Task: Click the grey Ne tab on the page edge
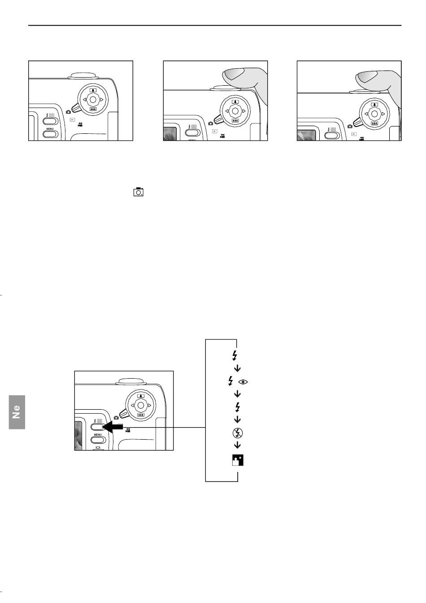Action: (x=17, y=412)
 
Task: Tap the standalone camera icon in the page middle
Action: (x=138, y=192)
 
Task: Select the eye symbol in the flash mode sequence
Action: (x=243, y=382)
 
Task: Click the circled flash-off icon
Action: (x=237, y=433)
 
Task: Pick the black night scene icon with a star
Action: (x=238, y=460)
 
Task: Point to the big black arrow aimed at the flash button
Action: (x=113, y=427)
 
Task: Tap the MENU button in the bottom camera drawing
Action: (x=98, y=440)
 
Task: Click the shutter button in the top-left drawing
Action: (x=83, y=76)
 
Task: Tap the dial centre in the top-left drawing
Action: (x=93, y=100)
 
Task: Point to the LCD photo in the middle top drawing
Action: (x=170, y=134)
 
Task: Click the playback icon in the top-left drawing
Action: (x=72, y=120)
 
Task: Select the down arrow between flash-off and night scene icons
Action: (x=237, y=446)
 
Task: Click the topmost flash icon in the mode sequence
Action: (x=235, y=356)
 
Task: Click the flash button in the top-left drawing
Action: (x=50, y=121)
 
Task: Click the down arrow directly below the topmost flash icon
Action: (x=237, y=368)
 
